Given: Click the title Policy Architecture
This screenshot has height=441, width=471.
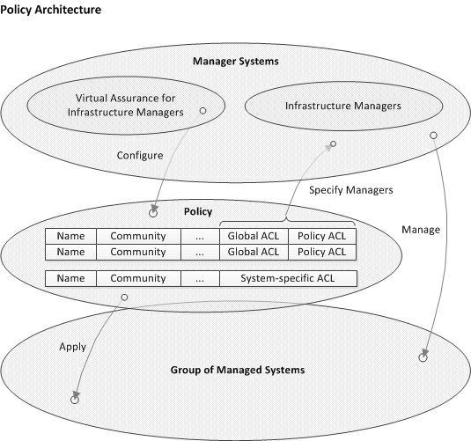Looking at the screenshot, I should tap(51, 10).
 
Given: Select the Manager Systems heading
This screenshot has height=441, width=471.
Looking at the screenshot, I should tap(235, 62).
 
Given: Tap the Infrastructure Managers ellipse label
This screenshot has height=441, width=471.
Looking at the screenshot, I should tap(342, 106).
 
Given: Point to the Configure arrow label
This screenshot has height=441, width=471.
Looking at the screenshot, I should tap(140, 156).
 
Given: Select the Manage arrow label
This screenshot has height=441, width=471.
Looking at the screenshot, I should tap(420, 229).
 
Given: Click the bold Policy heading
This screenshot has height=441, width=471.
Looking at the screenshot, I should tap(197, 213).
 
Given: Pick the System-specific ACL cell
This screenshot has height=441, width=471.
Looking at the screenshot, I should tap(288, 278).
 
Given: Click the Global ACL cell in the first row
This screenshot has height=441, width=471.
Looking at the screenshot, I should tap(254, 236).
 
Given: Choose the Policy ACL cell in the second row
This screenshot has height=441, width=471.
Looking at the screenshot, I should tap(322, 252).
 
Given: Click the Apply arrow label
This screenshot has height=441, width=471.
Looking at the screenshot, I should tap(72, 347).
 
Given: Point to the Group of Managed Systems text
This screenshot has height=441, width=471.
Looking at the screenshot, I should tap(236, 370).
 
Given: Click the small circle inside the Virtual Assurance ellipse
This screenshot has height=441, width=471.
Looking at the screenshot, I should tap(202, 111).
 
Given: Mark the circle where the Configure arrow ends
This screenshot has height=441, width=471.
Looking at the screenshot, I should tap(153, 213).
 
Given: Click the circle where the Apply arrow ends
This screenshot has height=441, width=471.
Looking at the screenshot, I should tap(75, 399).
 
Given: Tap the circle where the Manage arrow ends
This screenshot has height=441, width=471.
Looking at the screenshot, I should tap(423, 356).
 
